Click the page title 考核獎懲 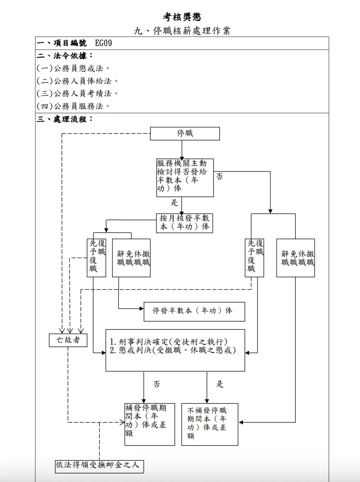(182, 17)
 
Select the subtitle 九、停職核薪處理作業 (182, 31)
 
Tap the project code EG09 (103, 43)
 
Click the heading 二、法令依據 (65, 56)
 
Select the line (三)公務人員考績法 (77, 93)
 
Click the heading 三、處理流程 (65, 119)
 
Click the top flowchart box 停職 (185, 133)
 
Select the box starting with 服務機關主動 (185, 178)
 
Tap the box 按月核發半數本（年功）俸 (184, 223)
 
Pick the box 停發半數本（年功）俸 (194, 311)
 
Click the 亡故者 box (68, 340)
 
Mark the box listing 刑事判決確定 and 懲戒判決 (175, 350)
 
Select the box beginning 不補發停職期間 (209, 424)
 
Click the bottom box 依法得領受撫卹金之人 (99, 465)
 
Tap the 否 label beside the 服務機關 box (219, 177)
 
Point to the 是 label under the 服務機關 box (174, 203)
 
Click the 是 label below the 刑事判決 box (220, 384)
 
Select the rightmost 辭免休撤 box (296, 258)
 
